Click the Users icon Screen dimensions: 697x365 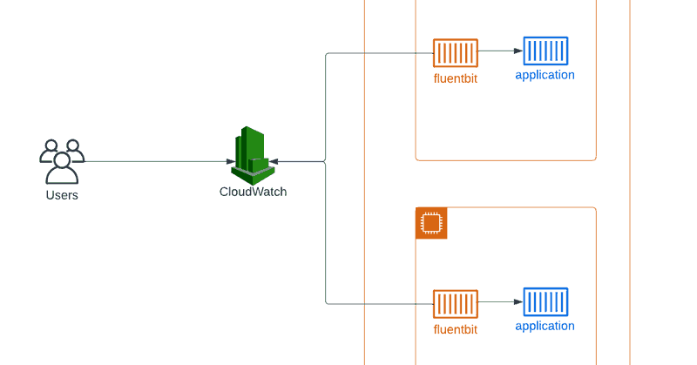point(62,162)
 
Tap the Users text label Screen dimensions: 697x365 point(62,195)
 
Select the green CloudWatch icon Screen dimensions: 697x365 point(250,156)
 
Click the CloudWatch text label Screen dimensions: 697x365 point(253,192)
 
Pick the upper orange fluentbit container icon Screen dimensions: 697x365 point(456,53)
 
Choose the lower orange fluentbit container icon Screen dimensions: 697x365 point(456,304)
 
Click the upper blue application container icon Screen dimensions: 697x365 point(546,51)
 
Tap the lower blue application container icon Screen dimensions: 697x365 point(546,302)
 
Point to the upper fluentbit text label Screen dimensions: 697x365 point(456,78)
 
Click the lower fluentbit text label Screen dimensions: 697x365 point(456,329)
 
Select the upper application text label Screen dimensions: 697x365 point(545,75)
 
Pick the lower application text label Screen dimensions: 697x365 point(545,327)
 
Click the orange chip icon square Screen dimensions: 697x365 point(431,223)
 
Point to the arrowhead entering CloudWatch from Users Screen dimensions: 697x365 point(231,161)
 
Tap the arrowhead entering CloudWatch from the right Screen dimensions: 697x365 point(274,161)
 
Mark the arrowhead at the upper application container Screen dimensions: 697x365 point(518,51)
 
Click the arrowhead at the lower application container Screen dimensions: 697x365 point(518,302)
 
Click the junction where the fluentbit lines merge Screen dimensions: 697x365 point(325,161)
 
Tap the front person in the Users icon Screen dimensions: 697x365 point(62,168)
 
